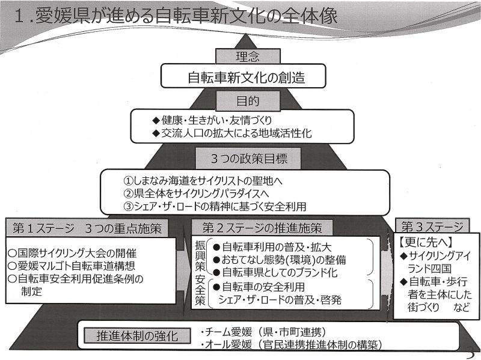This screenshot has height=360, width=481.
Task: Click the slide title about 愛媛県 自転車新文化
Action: click(176, 16)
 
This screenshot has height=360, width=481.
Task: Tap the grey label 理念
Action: click(248, 56)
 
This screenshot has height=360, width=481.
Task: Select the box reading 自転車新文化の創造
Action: click(243, 76)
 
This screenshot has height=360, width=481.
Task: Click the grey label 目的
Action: click(248, 101)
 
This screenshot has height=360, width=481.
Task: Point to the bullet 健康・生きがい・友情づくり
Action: click(212, 120)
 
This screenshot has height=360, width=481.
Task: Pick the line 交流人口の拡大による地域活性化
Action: click(232, 133)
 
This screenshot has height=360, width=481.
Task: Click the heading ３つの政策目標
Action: click(248, 159)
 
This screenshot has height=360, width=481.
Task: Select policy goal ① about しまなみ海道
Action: click(203, 181)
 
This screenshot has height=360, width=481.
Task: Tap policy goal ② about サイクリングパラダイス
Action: click(197, 194)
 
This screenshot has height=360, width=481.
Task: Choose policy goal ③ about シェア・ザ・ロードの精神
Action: click(215, 206)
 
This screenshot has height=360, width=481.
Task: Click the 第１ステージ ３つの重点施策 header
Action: click(87, 228)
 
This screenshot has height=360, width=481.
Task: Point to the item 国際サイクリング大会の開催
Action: click(72, 253)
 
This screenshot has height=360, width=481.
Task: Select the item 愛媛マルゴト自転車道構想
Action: click(72, 266)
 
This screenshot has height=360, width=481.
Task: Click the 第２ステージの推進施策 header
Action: click(262, 228)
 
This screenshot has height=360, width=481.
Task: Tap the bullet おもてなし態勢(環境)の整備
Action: click(280, 260)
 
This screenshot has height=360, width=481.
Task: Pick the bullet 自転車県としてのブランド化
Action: click(275, 273)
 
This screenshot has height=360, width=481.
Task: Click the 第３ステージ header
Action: click(432, 227)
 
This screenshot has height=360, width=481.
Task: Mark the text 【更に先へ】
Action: click(426, 242)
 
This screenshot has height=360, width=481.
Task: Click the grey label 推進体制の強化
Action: click(137, 336)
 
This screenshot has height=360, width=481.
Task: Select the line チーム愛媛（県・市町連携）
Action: click(263, 332)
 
